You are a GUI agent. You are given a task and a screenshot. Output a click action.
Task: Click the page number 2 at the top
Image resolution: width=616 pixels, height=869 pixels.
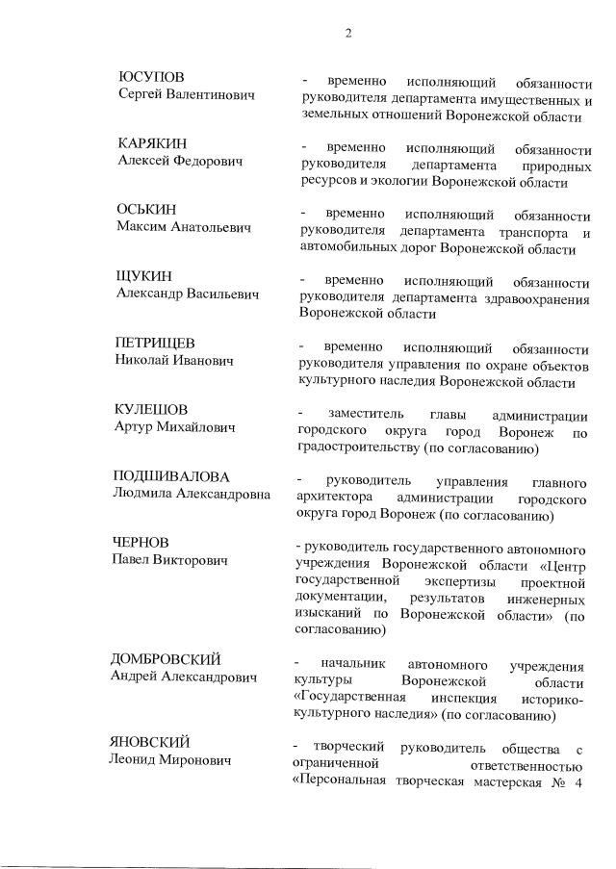click(x=348, y=33)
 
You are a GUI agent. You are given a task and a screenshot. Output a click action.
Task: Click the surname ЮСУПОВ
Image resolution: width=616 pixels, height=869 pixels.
click(x=151, y=77)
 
